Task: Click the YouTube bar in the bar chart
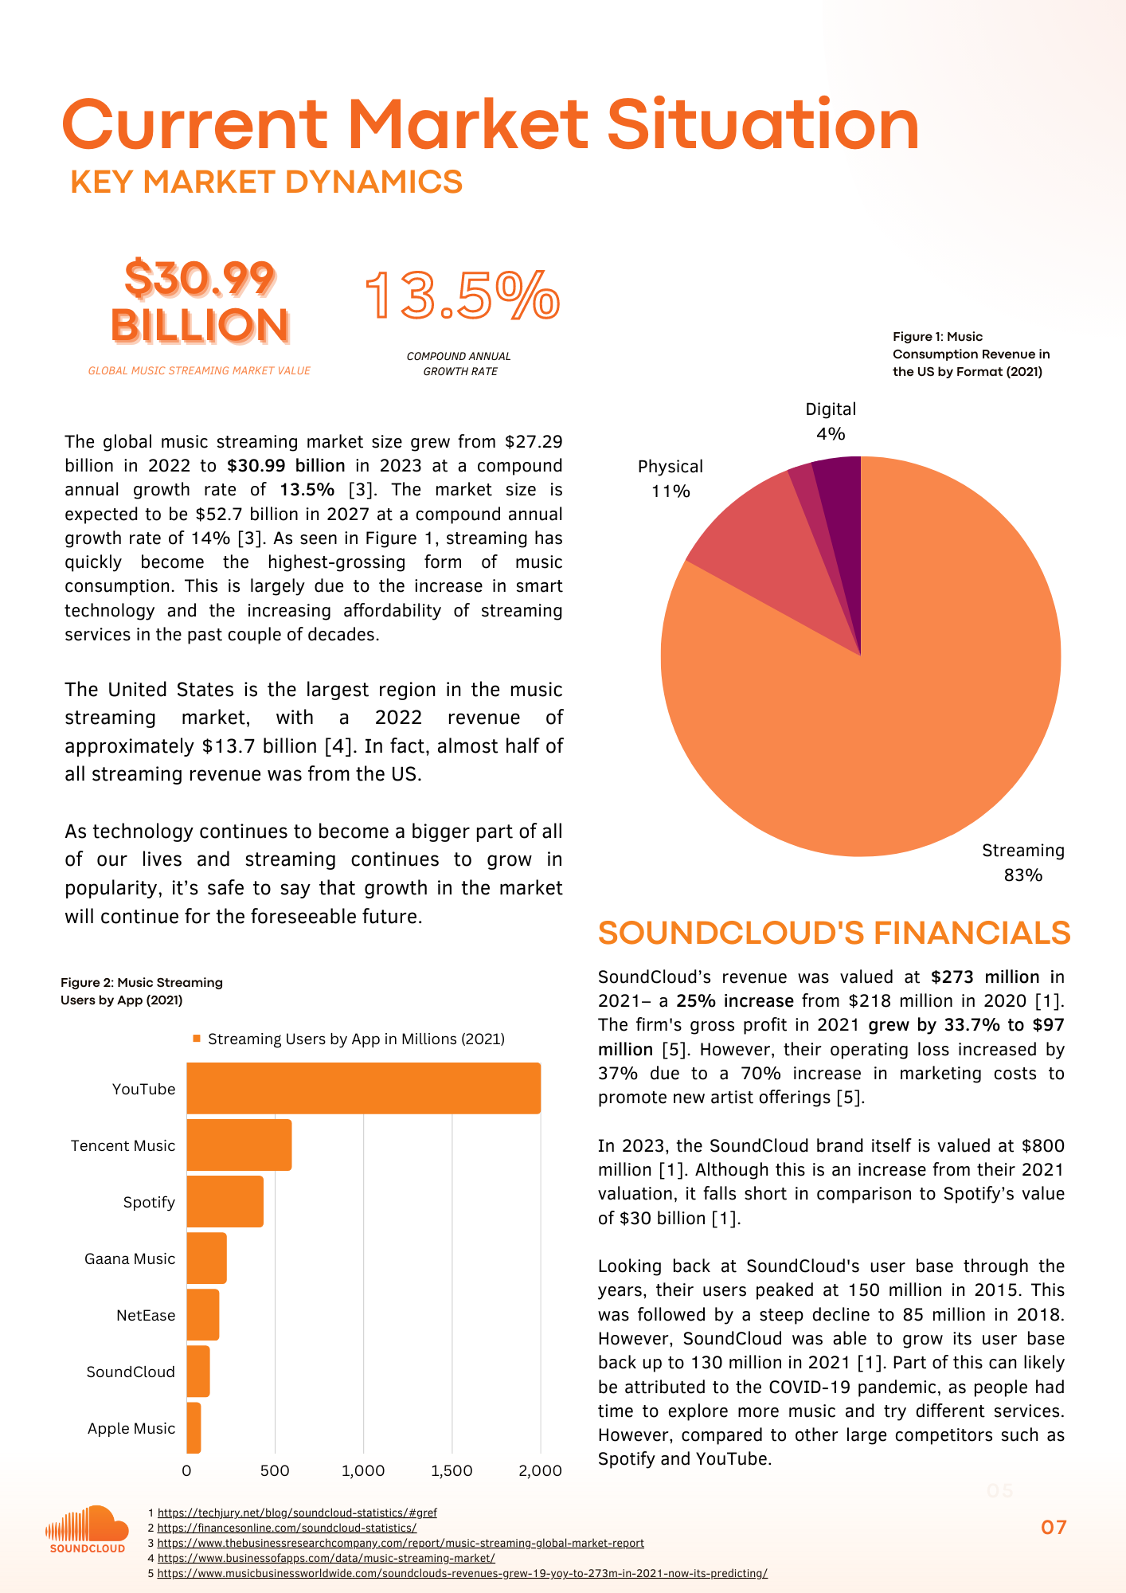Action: [363, 1088]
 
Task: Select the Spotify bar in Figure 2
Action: [225, 1201]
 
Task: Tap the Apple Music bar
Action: [194, 1428]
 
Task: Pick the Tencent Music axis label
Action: [123, 1145]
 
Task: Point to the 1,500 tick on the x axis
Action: [452, 1470]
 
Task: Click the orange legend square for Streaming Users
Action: [197, 1039]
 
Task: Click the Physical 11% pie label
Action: [671, 478]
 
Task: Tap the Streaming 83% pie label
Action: [1022, 862]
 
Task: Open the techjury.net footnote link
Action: [297, 1513]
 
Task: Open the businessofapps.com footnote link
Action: [326, 1558]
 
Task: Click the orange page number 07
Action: [1054, 1527]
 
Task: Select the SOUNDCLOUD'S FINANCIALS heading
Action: [834, 933]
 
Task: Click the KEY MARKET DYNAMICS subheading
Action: [266, 182]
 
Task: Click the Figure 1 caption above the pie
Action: [971, 354]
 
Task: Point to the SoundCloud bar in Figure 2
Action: [198, 1372]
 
